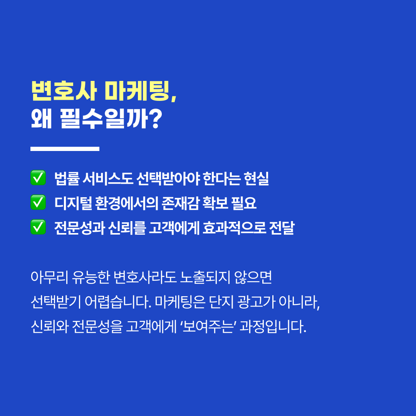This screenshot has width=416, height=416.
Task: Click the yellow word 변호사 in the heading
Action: point(64,91)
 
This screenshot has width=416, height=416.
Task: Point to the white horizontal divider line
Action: point(65,149)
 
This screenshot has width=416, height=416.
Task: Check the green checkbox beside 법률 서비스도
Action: point(38,178)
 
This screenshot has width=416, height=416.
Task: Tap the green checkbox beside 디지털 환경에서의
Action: point(38,203)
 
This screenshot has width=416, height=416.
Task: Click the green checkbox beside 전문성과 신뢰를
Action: point(38,227)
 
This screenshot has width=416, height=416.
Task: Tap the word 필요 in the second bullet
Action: point(244,203)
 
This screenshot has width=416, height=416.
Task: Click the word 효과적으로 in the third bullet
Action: point(234,228)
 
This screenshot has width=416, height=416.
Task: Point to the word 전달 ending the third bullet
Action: point(282,228)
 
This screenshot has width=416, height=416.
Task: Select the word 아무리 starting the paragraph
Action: point(50,277)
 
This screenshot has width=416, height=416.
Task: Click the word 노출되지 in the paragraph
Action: point(205,277)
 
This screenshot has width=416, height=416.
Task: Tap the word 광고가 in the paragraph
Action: point(256,302)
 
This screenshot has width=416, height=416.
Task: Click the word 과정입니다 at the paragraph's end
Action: point(273,327)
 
